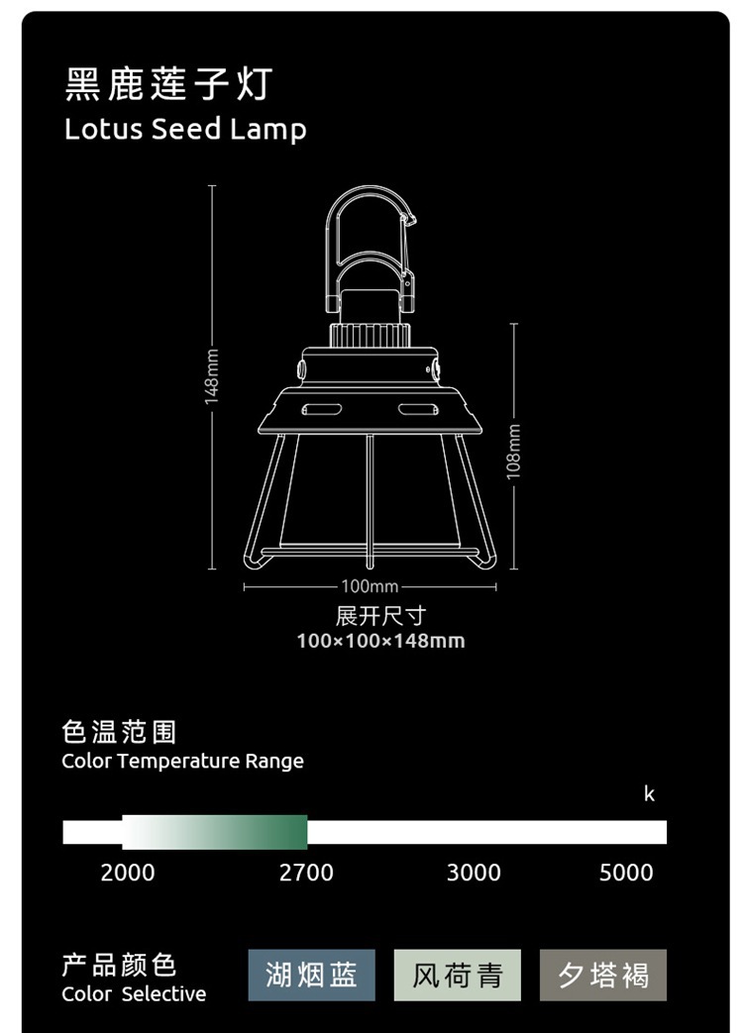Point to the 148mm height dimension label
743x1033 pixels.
pos(211,376)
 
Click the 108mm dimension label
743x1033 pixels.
pos(513,451)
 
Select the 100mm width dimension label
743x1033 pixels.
pos(370,587)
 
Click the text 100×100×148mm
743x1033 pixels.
pos(380,641)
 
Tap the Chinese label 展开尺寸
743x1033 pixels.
pos(380,616)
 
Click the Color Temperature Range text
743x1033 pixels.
pos(182,761)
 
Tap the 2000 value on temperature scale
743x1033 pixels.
pos(128,873)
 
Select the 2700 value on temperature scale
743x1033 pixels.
pos(306,873)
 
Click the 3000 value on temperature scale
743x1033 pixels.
pos(474,873)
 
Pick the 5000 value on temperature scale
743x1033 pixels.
pos(626,873)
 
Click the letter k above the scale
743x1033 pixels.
pos(649,794)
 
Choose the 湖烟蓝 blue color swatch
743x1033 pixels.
pos(311,975)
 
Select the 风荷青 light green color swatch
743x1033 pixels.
pos(457,975)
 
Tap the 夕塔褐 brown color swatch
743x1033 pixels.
pos(603,975)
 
